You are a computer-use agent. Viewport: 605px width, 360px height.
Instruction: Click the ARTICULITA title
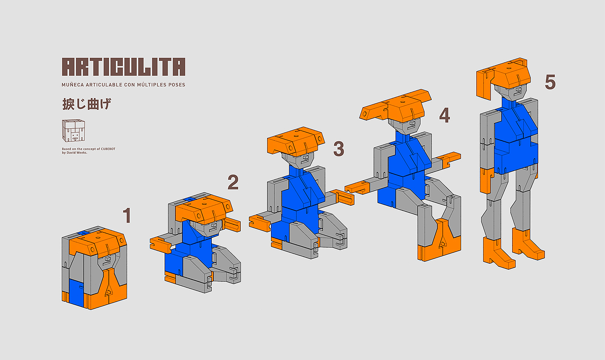pyautogui.click(x=124, y=67)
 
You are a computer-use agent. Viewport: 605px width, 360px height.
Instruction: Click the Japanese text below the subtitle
pyautogui.click(x=87, y=104)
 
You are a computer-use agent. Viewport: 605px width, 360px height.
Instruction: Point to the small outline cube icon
pyautogui.click(x=73, y=131)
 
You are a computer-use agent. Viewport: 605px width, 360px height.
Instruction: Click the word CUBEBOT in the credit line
pyautogui.click(x=108, y=149)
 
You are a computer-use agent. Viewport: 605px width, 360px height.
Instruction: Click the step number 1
pyautogui.click(x=127, y=215)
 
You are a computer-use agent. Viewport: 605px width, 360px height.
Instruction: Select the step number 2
pyautogui.click(x=233, y=182)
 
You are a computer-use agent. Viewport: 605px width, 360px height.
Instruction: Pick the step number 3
pyautogui.click(x=339, y=149)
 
